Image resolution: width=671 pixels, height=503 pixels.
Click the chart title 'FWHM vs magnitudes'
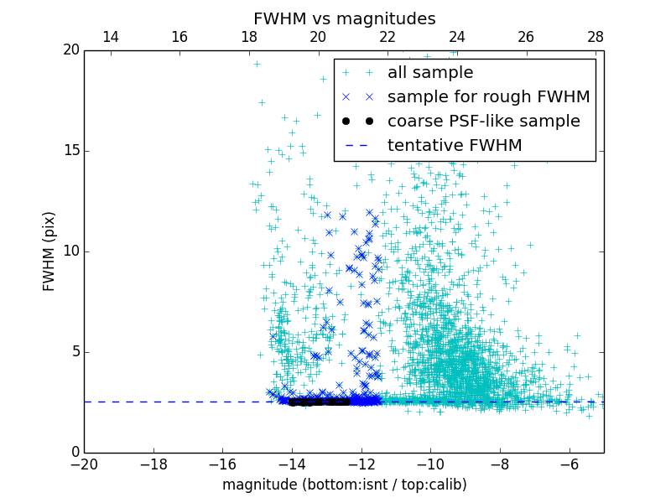tap(344, 18)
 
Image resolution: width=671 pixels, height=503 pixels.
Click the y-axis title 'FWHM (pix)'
tap(49, 251)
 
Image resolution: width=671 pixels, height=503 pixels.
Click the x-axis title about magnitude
tap(344, 485)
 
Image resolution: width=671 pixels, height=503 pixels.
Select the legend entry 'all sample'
tap(430, 73)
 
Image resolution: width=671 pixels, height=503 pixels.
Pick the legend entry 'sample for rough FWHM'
tap(488, 97)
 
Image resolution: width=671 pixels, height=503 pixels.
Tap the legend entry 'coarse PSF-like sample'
tap(483, 122)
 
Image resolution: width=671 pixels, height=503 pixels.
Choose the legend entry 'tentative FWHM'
tap(455, 146)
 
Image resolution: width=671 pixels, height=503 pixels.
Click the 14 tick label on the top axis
tap(110, 37)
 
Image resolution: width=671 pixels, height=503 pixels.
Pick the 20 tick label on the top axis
tap(318, 37)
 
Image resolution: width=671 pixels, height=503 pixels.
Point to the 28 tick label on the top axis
tap(596, 37)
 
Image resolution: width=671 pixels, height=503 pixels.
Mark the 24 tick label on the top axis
tap(457, 37)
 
